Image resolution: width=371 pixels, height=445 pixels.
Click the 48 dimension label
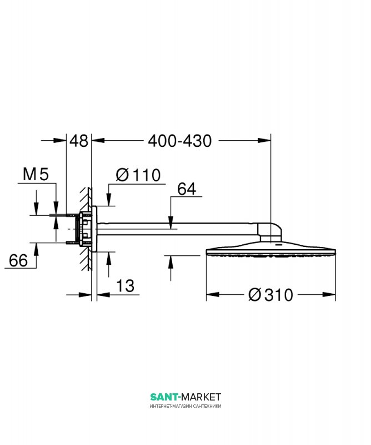click(x=79, y=141)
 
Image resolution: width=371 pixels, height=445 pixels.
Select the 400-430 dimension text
click(x=180, y=141)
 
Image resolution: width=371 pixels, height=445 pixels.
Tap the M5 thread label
click(x=36, y=174)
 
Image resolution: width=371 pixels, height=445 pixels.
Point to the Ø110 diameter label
click(x=138, y=175)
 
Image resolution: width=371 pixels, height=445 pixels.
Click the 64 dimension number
click(x=187, y=189)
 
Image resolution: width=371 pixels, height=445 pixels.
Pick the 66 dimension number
click(x=18, y=260)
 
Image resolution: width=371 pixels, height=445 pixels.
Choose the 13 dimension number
click(x=126, y=286)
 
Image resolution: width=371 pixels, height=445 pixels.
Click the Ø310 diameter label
click(x=270, y=295)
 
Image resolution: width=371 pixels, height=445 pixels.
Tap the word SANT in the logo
click(x=164, y=397)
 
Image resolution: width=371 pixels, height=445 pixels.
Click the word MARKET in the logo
click(x=201, y=397)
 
